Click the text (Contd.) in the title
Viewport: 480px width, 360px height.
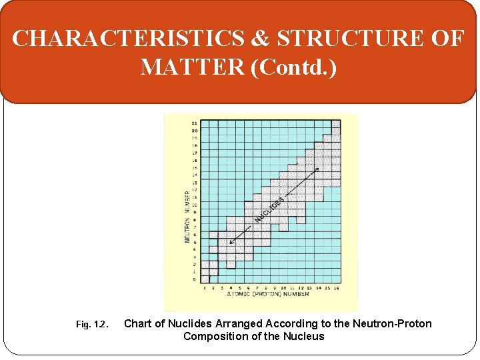point(294,67)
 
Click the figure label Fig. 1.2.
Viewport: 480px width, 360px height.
point(91,325)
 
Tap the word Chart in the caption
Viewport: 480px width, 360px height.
point(139,324)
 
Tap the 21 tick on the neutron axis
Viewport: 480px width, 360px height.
point(193,123)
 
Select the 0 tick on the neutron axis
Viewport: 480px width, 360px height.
point(194,279)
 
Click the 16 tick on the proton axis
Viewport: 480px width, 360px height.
point(337,287)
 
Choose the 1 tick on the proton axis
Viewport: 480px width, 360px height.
point(204,287)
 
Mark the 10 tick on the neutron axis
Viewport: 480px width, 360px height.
point(194,205)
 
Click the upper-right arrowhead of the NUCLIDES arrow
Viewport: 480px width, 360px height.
point(317,169)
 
